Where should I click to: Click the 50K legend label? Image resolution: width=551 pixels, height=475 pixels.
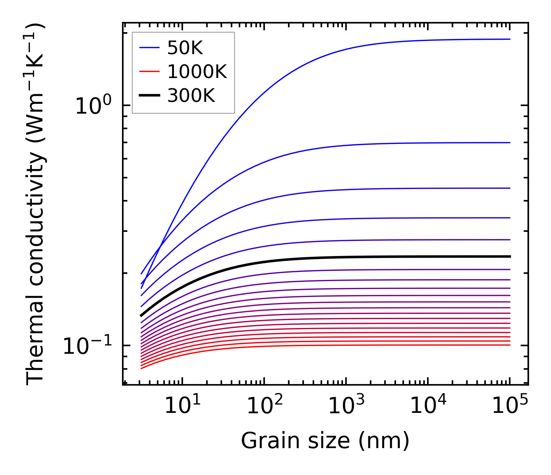tap(185, 48)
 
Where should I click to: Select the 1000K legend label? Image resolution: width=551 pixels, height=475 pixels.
tap(197, 72)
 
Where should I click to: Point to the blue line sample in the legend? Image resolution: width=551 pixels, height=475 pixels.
tap(150, 48)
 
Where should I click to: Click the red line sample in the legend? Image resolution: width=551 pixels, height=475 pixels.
tap(150, 72)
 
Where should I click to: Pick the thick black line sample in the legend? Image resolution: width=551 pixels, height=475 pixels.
tap(150, 95)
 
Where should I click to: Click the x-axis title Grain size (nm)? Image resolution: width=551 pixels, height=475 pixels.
tap(325, 441)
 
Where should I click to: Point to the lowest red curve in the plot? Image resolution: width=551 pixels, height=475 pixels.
tap(326, 345)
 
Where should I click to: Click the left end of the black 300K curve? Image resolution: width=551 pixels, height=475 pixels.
tap(141, 316)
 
